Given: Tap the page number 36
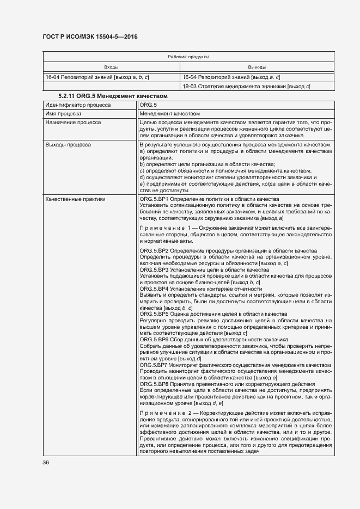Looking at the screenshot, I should (x=46, y=463).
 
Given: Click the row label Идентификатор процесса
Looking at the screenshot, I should (x=78, y=104).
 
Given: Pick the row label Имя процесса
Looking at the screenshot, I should (x=64, y=114).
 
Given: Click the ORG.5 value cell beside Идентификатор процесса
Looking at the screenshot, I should (x=148, y=104).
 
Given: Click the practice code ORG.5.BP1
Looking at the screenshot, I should (x=154, y=199).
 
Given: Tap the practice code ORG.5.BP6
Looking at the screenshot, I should (x=154, y=340).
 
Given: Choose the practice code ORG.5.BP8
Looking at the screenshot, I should (x=154, y=384).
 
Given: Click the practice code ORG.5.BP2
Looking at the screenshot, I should (x=154, y=250).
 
